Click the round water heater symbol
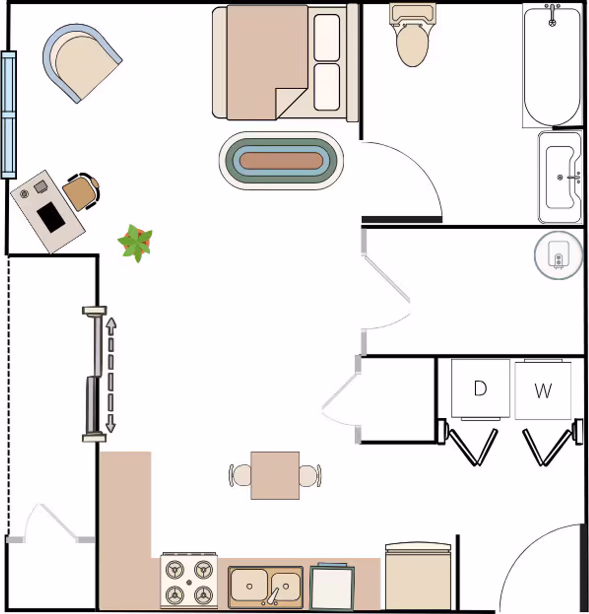tap(558, 255)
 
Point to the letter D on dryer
tap(480, 389)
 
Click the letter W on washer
tap(543, 390)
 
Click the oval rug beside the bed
tap(281, 161)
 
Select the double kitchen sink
tap(266, 587)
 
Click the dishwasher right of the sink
tap(332, 588)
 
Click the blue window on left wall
tap(9, 114)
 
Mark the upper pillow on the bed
tap(327, 38)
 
